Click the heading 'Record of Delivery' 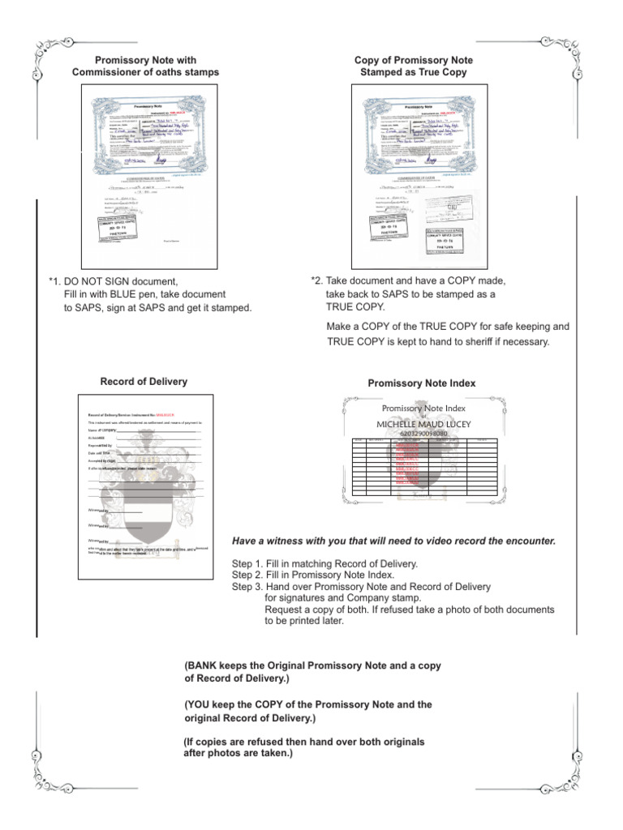tap(144, 381)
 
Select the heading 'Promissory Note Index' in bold tap(422, 383)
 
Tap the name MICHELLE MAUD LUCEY tap(423, 424)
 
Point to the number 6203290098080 tap(423, 434)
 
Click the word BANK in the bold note tap(206, 665)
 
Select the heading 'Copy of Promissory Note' tap(414, 61)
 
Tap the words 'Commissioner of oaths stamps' tap(145, 73)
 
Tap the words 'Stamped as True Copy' tap(414, 73)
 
